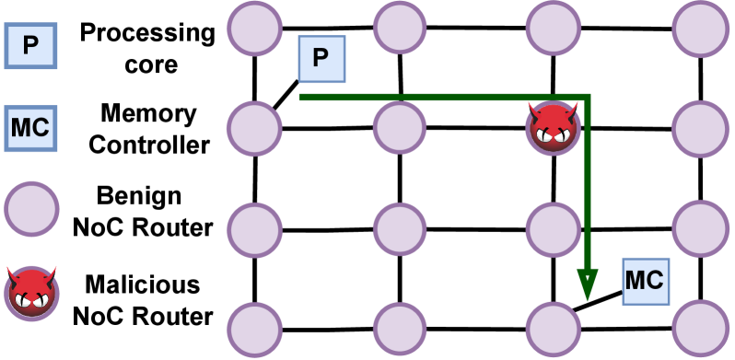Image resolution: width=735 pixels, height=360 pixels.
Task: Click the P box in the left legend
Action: pos(30,46)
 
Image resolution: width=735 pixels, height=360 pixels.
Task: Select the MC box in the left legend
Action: pos(30,128)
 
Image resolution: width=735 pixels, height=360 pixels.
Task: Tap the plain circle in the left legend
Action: pos(31,209)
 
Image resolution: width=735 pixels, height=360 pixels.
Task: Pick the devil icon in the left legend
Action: pos(31,291)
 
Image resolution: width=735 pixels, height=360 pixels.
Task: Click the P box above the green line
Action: pos(321,59)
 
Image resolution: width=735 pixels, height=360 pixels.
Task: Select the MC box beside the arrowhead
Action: pos(645,281)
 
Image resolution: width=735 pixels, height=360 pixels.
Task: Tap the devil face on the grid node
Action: pos(553,127)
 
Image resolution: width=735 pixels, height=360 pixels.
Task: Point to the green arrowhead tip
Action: pos(587,300)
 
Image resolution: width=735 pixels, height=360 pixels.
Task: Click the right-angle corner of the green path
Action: pos(587,97)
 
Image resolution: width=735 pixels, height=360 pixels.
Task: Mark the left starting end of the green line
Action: pos(300,97)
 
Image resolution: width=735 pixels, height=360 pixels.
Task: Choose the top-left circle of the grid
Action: pos(254,28)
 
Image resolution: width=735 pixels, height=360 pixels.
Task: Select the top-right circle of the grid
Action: pos(700,29)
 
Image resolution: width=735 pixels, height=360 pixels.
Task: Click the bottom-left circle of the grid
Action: pos(254,329)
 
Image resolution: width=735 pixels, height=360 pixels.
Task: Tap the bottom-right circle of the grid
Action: pos(700,328)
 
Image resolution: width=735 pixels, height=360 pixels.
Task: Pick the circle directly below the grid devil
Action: pos(553,229)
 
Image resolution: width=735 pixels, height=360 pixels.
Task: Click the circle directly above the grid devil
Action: pos(553,28)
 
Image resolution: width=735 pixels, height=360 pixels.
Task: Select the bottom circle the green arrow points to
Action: pos(553,329)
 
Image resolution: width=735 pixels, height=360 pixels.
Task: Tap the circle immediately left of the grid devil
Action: pos(400,127)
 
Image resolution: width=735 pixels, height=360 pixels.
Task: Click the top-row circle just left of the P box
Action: pos(254,28)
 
